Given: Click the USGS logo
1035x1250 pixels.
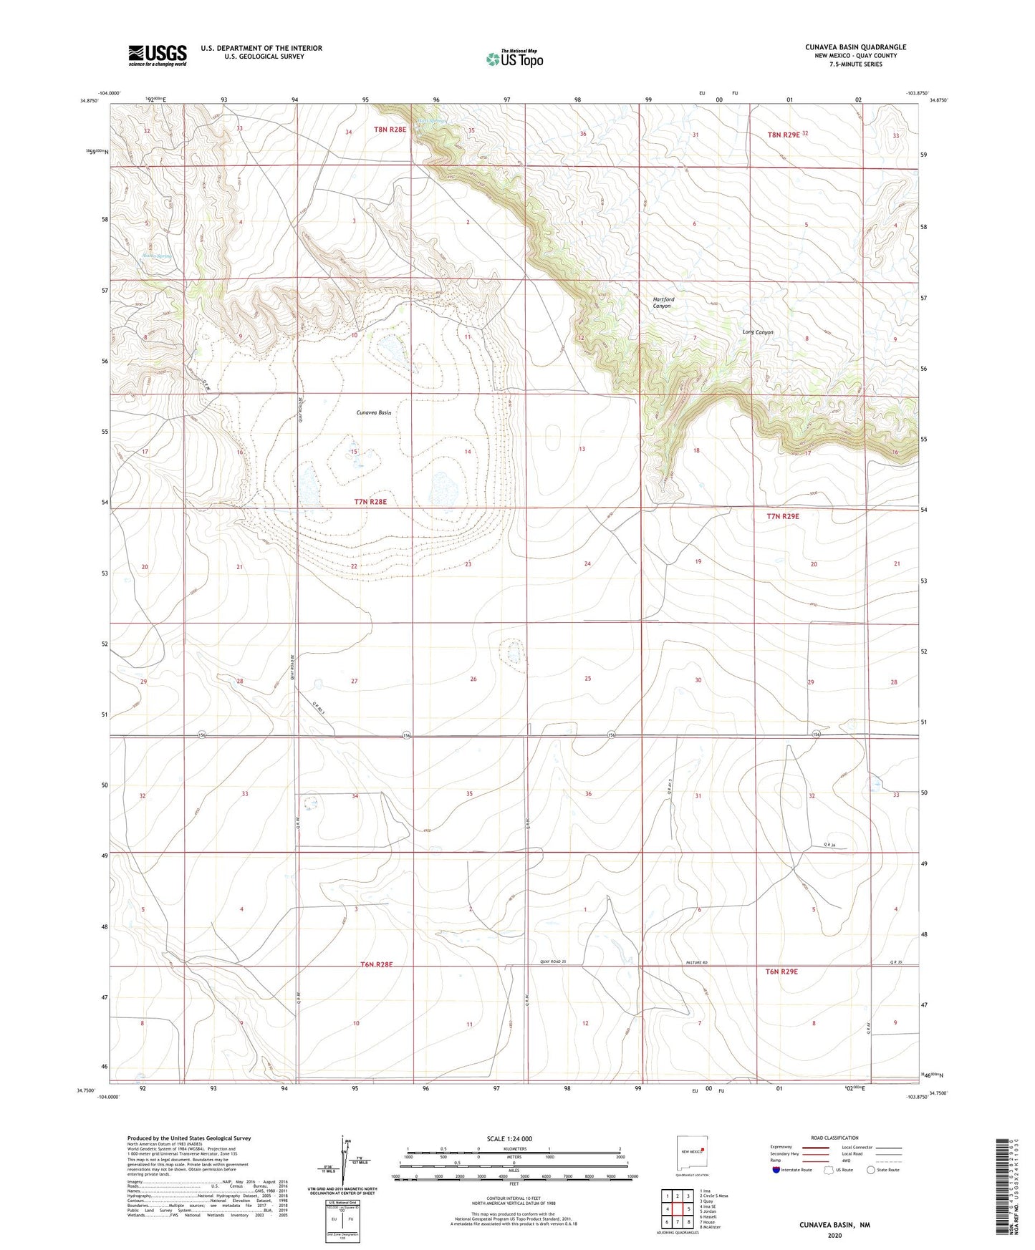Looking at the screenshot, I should [158, 55].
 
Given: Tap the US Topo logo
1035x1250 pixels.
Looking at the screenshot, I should [514, 59].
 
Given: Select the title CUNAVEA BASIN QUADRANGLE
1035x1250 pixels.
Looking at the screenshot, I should [855, 47].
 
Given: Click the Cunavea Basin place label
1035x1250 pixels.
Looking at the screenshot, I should [374, 413].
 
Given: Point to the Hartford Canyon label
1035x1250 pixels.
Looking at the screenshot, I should [663, 303].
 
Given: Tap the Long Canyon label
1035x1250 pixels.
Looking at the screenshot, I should [758, 332].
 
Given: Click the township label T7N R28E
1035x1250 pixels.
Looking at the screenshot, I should [370, 502].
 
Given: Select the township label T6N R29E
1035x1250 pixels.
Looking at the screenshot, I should [781, 972].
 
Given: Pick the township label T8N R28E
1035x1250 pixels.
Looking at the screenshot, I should [390, 130].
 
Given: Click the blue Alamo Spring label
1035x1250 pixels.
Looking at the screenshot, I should [157, 256].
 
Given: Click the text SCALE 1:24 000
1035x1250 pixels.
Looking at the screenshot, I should [509, 1139].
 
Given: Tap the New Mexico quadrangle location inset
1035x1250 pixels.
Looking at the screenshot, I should [692, 1155].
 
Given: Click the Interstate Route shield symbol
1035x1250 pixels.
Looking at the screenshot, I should [776, 1170].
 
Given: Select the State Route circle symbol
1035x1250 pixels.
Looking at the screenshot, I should [871, 1170].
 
